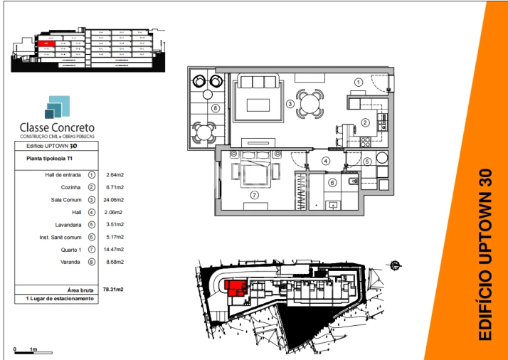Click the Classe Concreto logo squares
[57, 107]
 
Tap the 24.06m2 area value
[114, 200]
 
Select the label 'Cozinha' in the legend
[73, 187]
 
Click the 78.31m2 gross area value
[113, 290]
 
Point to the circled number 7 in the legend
[92, 250]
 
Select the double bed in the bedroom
[255, 171]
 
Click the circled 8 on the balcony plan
[215, 109]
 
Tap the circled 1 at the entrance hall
[359, 83]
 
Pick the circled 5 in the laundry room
[367, 162]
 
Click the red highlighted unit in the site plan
[236, 287]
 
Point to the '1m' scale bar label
[33, 350]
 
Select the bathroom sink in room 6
[331, 205]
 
